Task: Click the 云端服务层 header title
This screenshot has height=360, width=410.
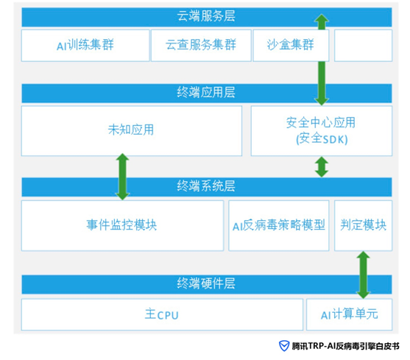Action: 206,16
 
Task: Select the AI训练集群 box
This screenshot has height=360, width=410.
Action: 85,46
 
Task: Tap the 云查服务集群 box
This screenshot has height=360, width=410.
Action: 201,46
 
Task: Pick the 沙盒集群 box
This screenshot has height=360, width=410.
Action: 291,46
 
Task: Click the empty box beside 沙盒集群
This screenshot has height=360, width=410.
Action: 363,46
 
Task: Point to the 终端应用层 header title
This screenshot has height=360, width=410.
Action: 206,93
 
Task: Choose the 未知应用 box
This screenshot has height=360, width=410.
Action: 132,131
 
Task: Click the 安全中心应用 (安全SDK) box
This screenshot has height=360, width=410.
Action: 322,131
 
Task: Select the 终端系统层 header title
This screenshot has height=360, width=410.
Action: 206,187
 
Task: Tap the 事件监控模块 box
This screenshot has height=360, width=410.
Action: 122,225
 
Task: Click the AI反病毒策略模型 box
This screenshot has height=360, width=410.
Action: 279,225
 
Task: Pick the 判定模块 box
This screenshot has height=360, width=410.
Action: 363,225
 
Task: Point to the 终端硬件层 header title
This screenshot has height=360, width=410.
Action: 206,284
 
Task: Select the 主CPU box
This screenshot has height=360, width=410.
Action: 162,314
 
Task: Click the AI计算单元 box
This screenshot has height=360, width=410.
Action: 350,314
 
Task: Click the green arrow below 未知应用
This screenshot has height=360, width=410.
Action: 122,177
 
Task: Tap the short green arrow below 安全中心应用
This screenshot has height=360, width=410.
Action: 322,167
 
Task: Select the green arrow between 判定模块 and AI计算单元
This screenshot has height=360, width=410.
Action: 363,275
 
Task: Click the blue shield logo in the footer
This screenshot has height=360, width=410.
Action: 284,346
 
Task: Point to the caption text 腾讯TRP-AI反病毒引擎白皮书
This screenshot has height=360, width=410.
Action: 345,346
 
